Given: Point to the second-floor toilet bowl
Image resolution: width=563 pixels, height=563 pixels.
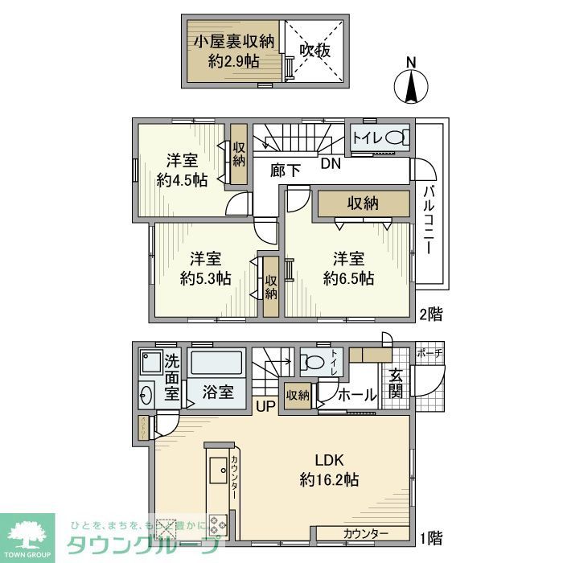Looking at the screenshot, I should (392, 138).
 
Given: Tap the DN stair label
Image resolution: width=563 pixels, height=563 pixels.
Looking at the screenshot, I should (331, 163).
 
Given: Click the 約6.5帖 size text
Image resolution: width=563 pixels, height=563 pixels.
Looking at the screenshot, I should (349, 278).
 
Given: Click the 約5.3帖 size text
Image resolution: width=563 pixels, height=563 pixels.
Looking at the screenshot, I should (206, 278).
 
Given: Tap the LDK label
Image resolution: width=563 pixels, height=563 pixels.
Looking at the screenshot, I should (329, 461).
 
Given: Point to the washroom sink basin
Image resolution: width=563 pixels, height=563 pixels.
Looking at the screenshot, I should (146, 396).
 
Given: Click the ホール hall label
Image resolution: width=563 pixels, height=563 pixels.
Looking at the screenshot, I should (355, 396).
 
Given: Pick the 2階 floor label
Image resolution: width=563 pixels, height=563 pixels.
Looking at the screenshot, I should (430, 314).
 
